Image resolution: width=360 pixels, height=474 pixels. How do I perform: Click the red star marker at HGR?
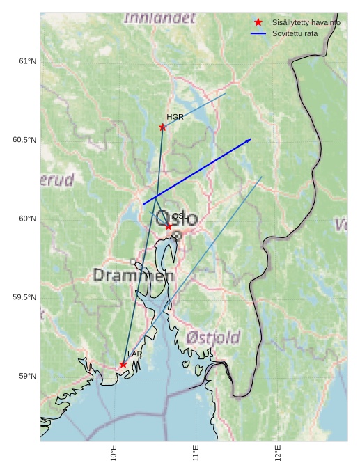(x=162, y=127)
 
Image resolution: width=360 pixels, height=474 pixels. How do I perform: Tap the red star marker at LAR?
(x=123, y=364)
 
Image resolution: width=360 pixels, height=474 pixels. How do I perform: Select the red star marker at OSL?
(x=169, y=226)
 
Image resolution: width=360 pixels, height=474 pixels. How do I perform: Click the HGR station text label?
(x=175, y=117)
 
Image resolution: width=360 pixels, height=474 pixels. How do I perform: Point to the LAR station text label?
(x=134, y=354)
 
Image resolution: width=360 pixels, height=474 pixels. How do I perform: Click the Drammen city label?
(x=133, y=276)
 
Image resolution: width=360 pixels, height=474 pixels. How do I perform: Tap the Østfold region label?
(x=213, y=338)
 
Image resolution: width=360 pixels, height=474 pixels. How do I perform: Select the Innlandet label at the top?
(x=159, y=18)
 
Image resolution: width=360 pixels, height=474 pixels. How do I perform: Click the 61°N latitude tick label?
(x=27, y=61)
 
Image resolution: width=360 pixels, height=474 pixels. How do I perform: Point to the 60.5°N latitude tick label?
(x=24, y=140)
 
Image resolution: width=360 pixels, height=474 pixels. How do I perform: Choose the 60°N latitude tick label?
(x=27, y=219)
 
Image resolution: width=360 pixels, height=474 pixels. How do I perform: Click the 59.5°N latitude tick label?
(x=24, y=297)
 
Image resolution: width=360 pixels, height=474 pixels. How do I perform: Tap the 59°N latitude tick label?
(x=27, y=376)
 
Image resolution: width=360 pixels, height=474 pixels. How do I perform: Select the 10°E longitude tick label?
(x=114, y=453)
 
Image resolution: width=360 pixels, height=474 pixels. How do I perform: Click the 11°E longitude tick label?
(x=196, y=453)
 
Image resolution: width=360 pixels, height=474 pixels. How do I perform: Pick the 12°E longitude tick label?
(x=278, y=453)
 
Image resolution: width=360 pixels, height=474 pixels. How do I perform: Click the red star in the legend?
(x=258, y=22)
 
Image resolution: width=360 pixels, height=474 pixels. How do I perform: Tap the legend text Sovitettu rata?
(x=295, y=33)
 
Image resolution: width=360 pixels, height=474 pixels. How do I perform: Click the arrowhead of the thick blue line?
(x=249, y=141)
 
